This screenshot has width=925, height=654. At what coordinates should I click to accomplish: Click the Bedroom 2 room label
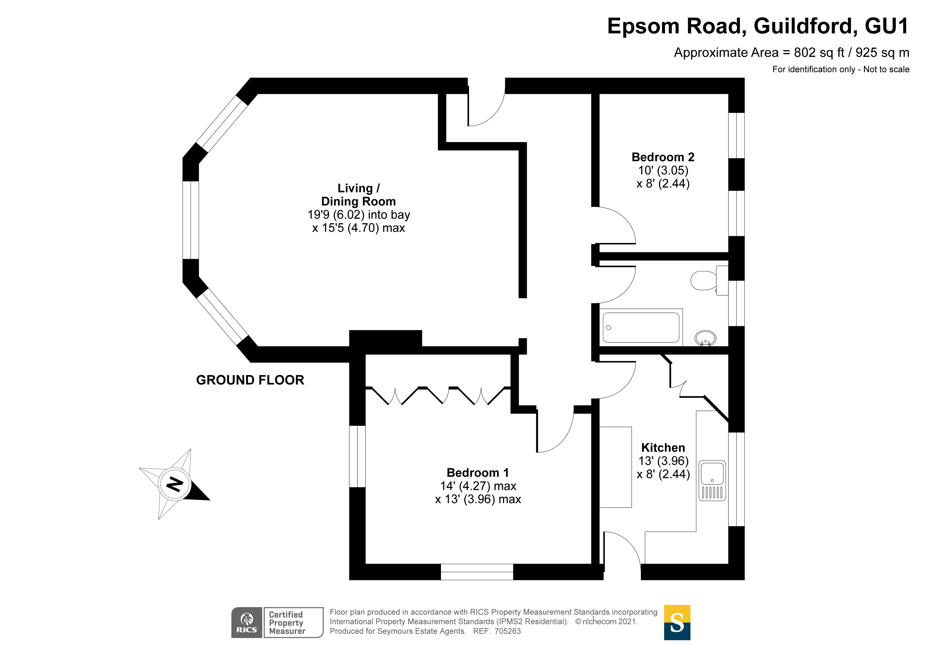(x=663, y=157)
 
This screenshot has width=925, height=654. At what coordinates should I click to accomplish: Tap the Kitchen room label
(x=663, y=448)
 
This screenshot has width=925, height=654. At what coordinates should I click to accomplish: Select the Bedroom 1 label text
(x=477, y=473)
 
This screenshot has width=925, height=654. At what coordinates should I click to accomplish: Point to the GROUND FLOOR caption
(x=250, y=380)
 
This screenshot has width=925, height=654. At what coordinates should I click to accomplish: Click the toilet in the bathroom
(x=705, y=280)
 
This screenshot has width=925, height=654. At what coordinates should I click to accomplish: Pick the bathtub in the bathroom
(x=641, y=328)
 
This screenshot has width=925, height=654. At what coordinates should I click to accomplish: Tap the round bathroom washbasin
(x=705, y=338)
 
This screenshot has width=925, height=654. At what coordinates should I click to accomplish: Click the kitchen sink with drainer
(x=712, y=481)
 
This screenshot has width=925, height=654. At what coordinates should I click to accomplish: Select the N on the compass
(x=175, y=484)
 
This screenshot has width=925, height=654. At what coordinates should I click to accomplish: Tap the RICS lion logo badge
(x=247, y=623)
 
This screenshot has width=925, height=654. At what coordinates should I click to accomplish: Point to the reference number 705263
(x=507, y=631)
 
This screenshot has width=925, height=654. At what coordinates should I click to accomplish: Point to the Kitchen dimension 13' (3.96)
(x=663, y=461)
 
